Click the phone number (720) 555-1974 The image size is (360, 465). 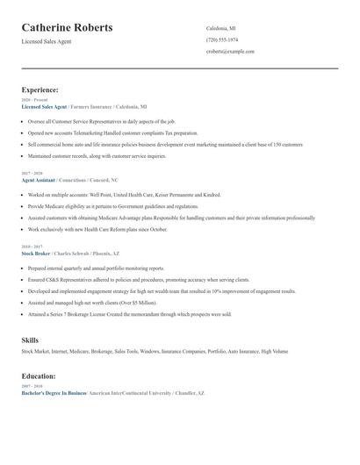[222, 39]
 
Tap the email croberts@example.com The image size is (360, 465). [230, 52]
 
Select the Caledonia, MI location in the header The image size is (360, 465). [221, 27]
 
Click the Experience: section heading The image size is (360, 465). [40, 89]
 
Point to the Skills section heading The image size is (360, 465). [30, 339]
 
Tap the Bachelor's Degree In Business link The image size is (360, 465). [54, 393]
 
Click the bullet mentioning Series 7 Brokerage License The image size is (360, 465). [129, 313]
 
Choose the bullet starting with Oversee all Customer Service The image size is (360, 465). [101, 121]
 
